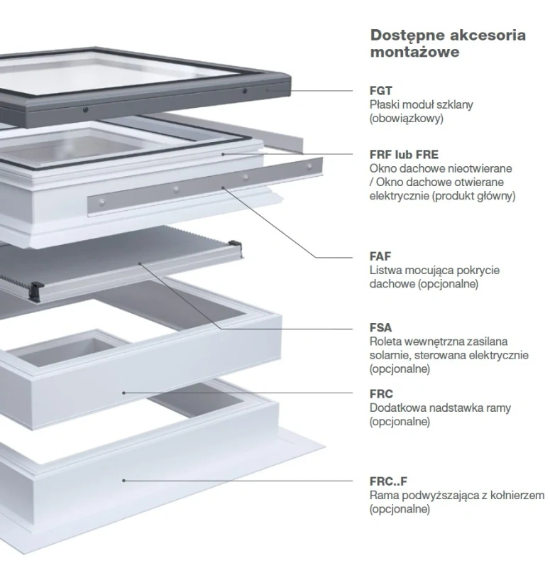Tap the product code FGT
tap(380, 91)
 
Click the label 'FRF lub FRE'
tap(404, 154)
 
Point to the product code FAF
tap(380, 256)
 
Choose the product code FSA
tap(380, 328)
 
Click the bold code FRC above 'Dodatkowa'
tap(381, 394)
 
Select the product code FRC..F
tap(388, 481)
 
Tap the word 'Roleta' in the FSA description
tap(385, 342)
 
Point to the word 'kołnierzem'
tap(517, 495)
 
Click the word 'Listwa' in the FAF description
tap(385, 270)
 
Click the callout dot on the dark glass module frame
tap(268, 91)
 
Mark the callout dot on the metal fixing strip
tap(224, 187)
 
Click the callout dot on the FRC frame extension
tap(123, 393)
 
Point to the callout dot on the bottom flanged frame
tap(123, 480)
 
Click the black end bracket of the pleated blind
tap(34, 288)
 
